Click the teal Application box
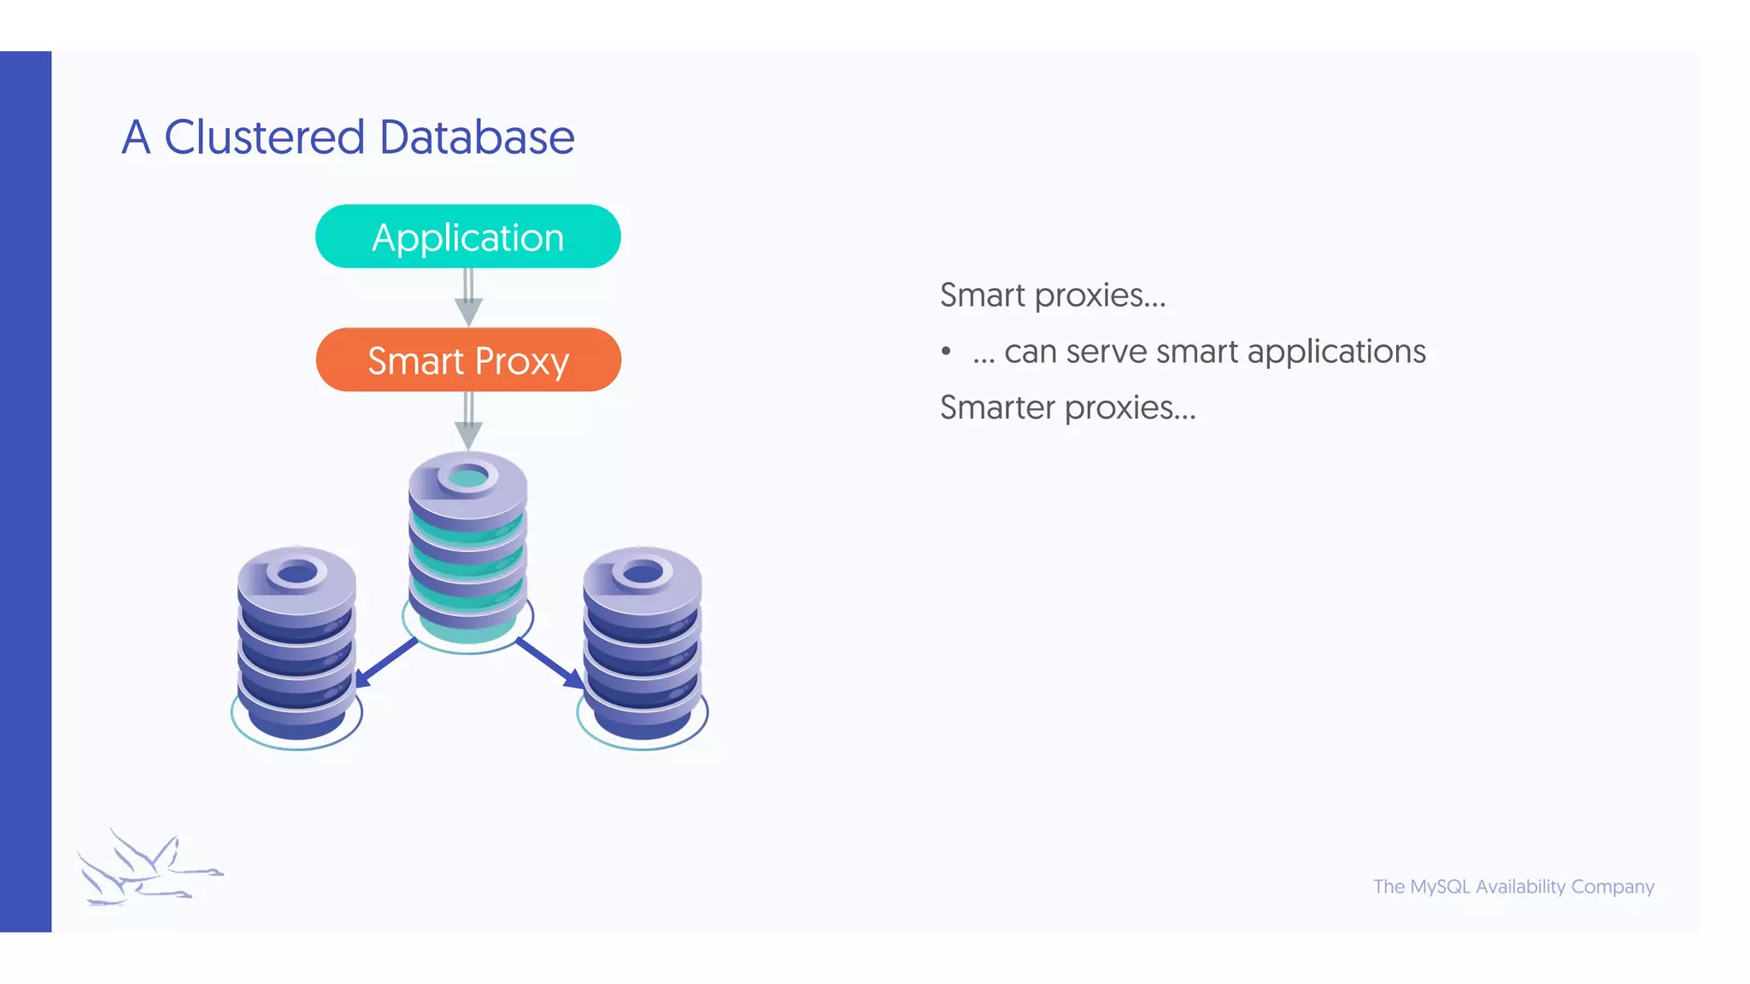(467, 237)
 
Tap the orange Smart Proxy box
(467, 360)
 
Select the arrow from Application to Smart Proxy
(468, 297)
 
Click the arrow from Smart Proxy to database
(468, 420)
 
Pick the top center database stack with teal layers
(467, 547)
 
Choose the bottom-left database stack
(297, 645)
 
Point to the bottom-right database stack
(643, 645)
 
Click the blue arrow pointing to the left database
(386, 662)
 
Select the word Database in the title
(476, 138)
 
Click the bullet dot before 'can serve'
(946, 351)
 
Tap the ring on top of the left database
(297, 573)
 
